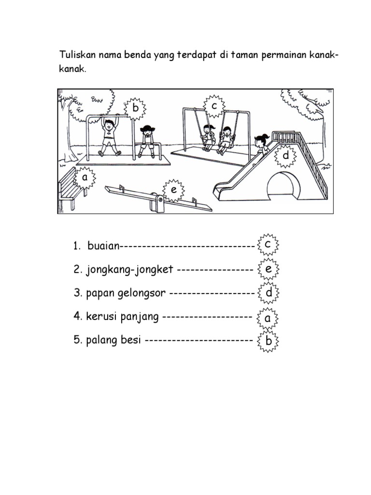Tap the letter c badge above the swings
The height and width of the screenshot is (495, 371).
point(213,106)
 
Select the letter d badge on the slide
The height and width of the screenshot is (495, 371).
point(285,156)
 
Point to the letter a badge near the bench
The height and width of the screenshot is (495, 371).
point(85,177)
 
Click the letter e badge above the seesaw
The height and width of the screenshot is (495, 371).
point(173,190)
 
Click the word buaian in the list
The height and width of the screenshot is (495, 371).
point(103,246)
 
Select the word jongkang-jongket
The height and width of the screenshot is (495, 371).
point(129,269)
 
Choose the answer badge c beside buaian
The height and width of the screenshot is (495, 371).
point(267,245)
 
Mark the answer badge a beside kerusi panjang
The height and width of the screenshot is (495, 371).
point(267,318)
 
